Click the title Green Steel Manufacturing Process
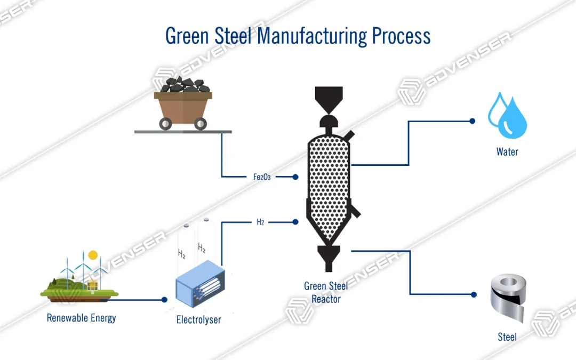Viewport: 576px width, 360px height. pyautogui.click(x=298, y=36)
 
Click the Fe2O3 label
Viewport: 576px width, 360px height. pyautogui.click(x=262, y=177)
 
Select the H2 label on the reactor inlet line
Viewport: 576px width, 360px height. pyautogui.click(x=260, y=222)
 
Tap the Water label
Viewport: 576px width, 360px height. pyautogui.click(x=507, y=152)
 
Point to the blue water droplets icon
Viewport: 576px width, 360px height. pyautogui.click(x=507, y=115)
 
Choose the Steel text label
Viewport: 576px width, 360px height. pyautogui.click(x=507, y=337)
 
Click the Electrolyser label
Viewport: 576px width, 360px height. pyautogui.click(x=198, y=320)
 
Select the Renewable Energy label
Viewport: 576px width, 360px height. pyautogui.click(x=81, y=318)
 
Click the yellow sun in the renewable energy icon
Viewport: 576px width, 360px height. pyautogui.click(x=93, y=255)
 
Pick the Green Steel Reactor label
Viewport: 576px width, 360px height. pyautogui.click(x=326, y=292)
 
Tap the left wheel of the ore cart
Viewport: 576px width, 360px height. pyautogui.click(x=165, y=123)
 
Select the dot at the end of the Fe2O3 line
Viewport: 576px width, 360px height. pyautogui.click(x=295, y=177)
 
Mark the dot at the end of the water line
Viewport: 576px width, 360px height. pyautogui.click(x=472, y=121)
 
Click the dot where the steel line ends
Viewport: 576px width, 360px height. pyautogui.click(x=472, y=294)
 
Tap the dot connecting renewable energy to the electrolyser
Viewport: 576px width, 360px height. pyautogui.click(x=164, y=300)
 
